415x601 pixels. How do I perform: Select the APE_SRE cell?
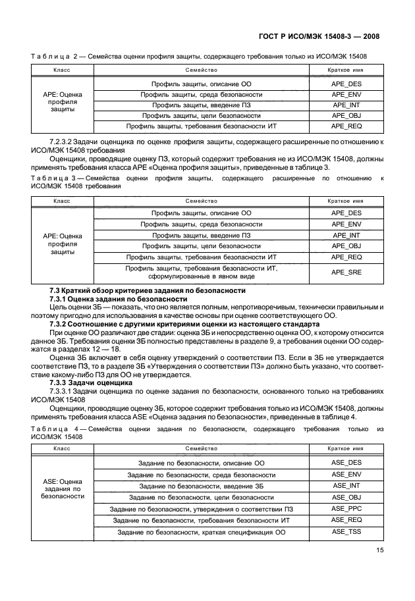[346, 273]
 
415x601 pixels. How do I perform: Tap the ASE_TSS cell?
[346, 531]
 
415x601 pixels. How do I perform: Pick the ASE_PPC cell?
[346, 509]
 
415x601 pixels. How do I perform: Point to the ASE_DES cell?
[346, 463]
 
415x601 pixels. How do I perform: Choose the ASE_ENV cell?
[346, 474]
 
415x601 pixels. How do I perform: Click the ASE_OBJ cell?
[346, 497]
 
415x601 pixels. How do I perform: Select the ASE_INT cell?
[346, 486]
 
